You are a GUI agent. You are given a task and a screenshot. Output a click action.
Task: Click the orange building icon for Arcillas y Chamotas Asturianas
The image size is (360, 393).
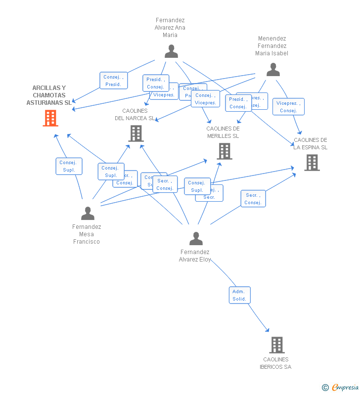click(x=50, y=118)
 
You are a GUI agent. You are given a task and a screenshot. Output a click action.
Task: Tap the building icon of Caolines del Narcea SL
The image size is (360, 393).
click(x=135, y=133)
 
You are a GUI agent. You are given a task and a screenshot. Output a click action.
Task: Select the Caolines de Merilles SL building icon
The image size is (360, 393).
click(x=224, y=151)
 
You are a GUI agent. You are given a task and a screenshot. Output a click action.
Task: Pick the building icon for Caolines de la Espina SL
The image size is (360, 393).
click(x=312, y=163)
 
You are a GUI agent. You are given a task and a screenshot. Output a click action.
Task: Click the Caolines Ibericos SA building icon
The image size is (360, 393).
click(x=276, y=345)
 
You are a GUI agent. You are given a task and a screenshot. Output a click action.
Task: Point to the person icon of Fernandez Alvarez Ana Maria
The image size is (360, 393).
click(x=171, y=51)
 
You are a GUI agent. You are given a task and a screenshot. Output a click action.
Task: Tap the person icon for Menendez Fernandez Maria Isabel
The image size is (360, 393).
click(x=273, y=70)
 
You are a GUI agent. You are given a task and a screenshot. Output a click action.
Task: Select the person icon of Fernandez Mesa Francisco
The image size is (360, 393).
click(x=88, y=213)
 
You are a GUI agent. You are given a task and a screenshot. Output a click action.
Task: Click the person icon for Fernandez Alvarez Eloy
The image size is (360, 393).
click(x=196, y=239)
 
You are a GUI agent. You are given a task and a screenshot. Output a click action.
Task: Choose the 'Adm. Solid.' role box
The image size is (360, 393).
click(x=239, y=295)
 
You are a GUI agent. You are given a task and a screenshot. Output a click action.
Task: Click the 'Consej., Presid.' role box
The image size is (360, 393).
click(x=113, y=81)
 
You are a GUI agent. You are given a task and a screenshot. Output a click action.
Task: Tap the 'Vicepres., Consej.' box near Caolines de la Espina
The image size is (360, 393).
click(x=288, y=107)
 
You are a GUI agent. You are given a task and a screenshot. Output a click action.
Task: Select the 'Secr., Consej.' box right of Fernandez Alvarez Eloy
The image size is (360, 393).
click(x=253, y=199)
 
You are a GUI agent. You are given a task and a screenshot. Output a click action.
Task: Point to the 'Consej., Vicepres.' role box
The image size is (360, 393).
click(x=205, y=99)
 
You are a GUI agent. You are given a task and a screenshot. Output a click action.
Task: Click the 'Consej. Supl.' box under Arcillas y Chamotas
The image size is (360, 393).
click(x=69, y=166)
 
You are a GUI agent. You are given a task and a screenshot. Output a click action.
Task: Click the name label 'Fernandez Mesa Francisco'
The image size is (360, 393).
click(x=87, y=234)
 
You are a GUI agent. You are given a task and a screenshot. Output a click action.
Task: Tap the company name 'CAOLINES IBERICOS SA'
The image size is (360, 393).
click(x=275, y=363)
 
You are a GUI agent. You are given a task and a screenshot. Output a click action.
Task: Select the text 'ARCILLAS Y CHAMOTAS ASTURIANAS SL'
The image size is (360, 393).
click(x=49, y=95)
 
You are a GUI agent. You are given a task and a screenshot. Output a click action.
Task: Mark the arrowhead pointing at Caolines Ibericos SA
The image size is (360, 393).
click(x=268, y=330)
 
